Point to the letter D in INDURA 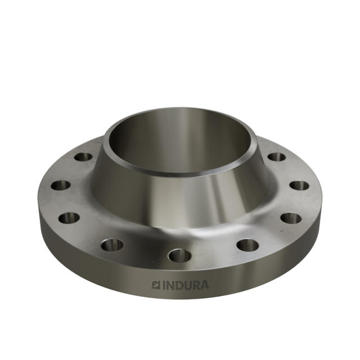click(x=181, y=285)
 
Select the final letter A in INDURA click(x=204, y=285)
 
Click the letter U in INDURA click(x=189, y=285)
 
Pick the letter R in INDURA click(x=197, y=285)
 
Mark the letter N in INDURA click(x=172, y=285)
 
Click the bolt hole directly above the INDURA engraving click(x=180, y=256)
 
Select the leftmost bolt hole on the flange click(x=60, y=185)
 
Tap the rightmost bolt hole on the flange click(x=299, y=185)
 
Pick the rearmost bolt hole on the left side click(x=83, y=157)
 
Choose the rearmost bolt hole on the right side click(x=276, y=157)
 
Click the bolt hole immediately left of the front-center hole click(x=112, y=245)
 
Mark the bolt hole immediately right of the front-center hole click(x=247, y=245)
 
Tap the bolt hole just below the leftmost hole click(x=69, y=218)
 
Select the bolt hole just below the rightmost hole click(x=291, y=218)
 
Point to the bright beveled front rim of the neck click(x=180, y=170)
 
